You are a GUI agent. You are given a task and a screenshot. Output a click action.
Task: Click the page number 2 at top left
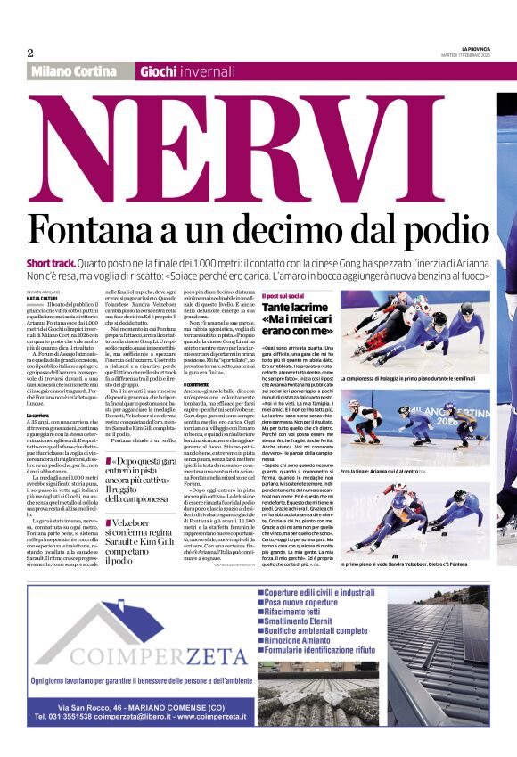(x=29, y=53)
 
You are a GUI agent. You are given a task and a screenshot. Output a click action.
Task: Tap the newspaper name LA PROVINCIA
(x=479, y=48)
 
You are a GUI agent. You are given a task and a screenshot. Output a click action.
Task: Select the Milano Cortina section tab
(x=78, y=71)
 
